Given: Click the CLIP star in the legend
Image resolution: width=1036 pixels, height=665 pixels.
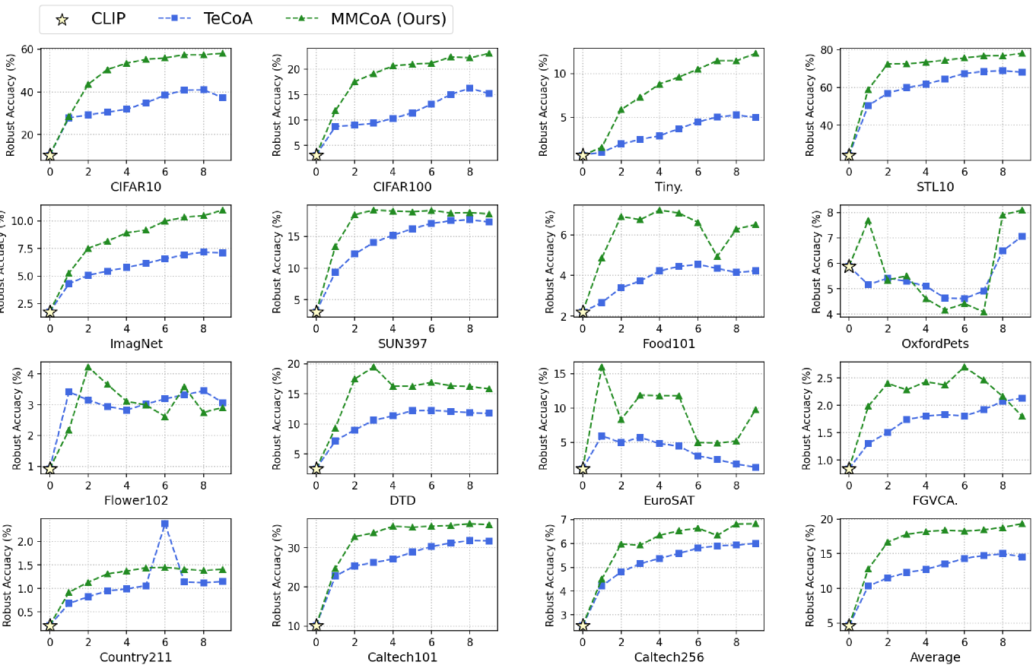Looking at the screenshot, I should point(62,19).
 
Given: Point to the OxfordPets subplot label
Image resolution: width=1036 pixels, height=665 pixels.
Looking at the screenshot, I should point(934,344).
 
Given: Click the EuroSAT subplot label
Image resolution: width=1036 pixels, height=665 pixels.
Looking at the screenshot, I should point(668,500).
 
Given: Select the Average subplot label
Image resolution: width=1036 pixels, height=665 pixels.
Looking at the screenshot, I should point(934,657).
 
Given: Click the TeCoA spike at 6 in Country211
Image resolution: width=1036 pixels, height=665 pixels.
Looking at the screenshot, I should point(164,524).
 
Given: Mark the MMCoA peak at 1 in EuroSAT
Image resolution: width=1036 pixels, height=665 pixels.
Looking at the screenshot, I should point(602,368).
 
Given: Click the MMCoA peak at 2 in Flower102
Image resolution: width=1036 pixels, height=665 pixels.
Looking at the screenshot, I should point(88,367).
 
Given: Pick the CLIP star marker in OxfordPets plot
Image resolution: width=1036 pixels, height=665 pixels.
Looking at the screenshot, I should point(849,266).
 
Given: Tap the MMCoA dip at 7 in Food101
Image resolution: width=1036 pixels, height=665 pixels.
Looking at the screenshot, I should point(717,256).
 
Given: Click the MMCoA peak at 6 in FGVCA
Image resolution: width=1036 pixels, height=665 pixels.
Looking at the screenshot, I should point(964,367).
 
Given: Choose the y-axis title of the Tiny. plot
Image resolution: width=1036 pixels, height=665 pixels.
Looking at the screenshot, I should point(543,104).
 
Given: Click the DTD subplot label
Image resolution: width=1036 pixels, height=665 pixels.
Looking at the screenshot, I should point(402,500).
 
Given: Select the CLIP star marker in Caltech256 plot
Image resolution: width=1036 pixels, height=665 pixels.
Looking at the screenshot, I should point(583,625).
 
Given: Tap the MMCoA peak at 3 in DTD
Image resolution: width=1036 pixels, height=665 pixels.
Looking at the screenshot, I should point(373,367).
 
